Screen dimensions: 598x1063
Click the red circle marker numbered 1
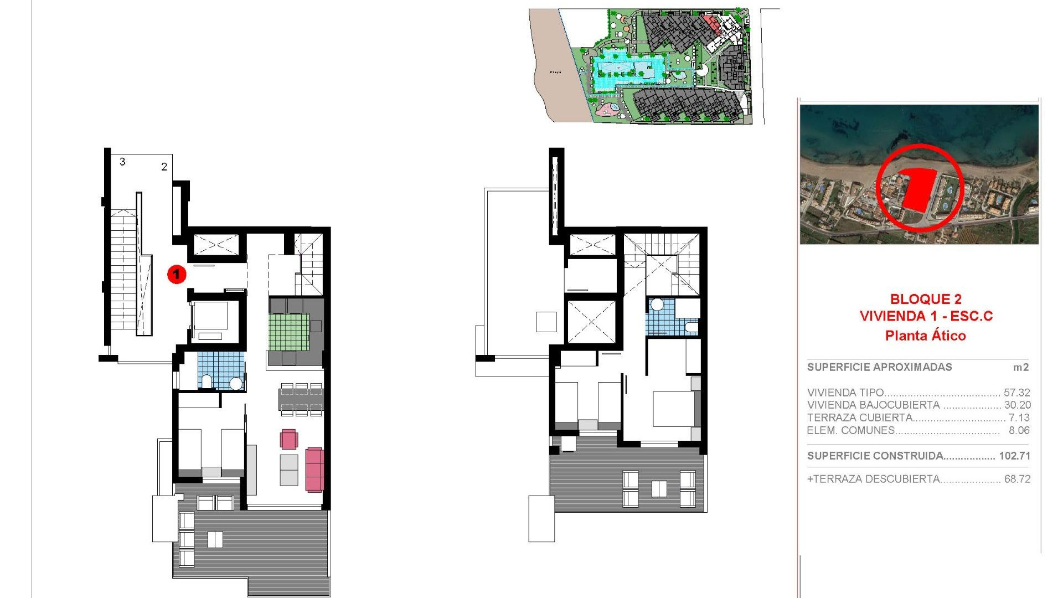coord(177,274)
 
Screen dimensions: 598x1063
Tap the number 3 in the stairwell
coord(122,162)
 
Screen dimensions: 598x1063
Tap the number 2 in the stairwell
coord(164,167)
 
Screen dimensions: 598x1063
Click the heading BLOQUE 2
coord(925,299)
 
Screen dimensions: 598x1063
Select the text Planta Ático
coord(925,336)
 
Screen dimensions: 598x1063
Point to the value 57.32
coord(1016,393)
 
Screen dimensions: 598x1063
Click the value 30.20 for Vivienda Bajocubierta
coord(1017,405)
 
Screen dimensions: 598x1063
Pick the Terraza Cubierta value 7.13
coord(1019,418)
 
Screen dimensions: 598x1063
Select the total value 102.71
coord(1014,456)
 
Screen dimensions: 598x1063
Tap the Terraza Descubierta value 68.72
coord(1017,479)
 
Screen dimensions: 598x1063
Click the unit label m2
coord(1020,368)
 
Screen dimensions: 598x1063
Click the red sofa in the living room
coord(314,470)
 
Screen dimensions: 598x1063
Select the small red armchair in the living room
coord(288,440)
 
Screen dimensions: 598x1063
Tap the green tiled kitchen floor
coord(288,331)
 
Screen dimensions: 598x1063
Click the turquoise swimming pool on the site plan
coord(628,70)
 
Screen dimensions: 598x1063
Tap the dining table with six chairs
coord(301,399)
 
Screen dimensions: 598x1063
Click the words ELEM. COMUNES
coord(851,431)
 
